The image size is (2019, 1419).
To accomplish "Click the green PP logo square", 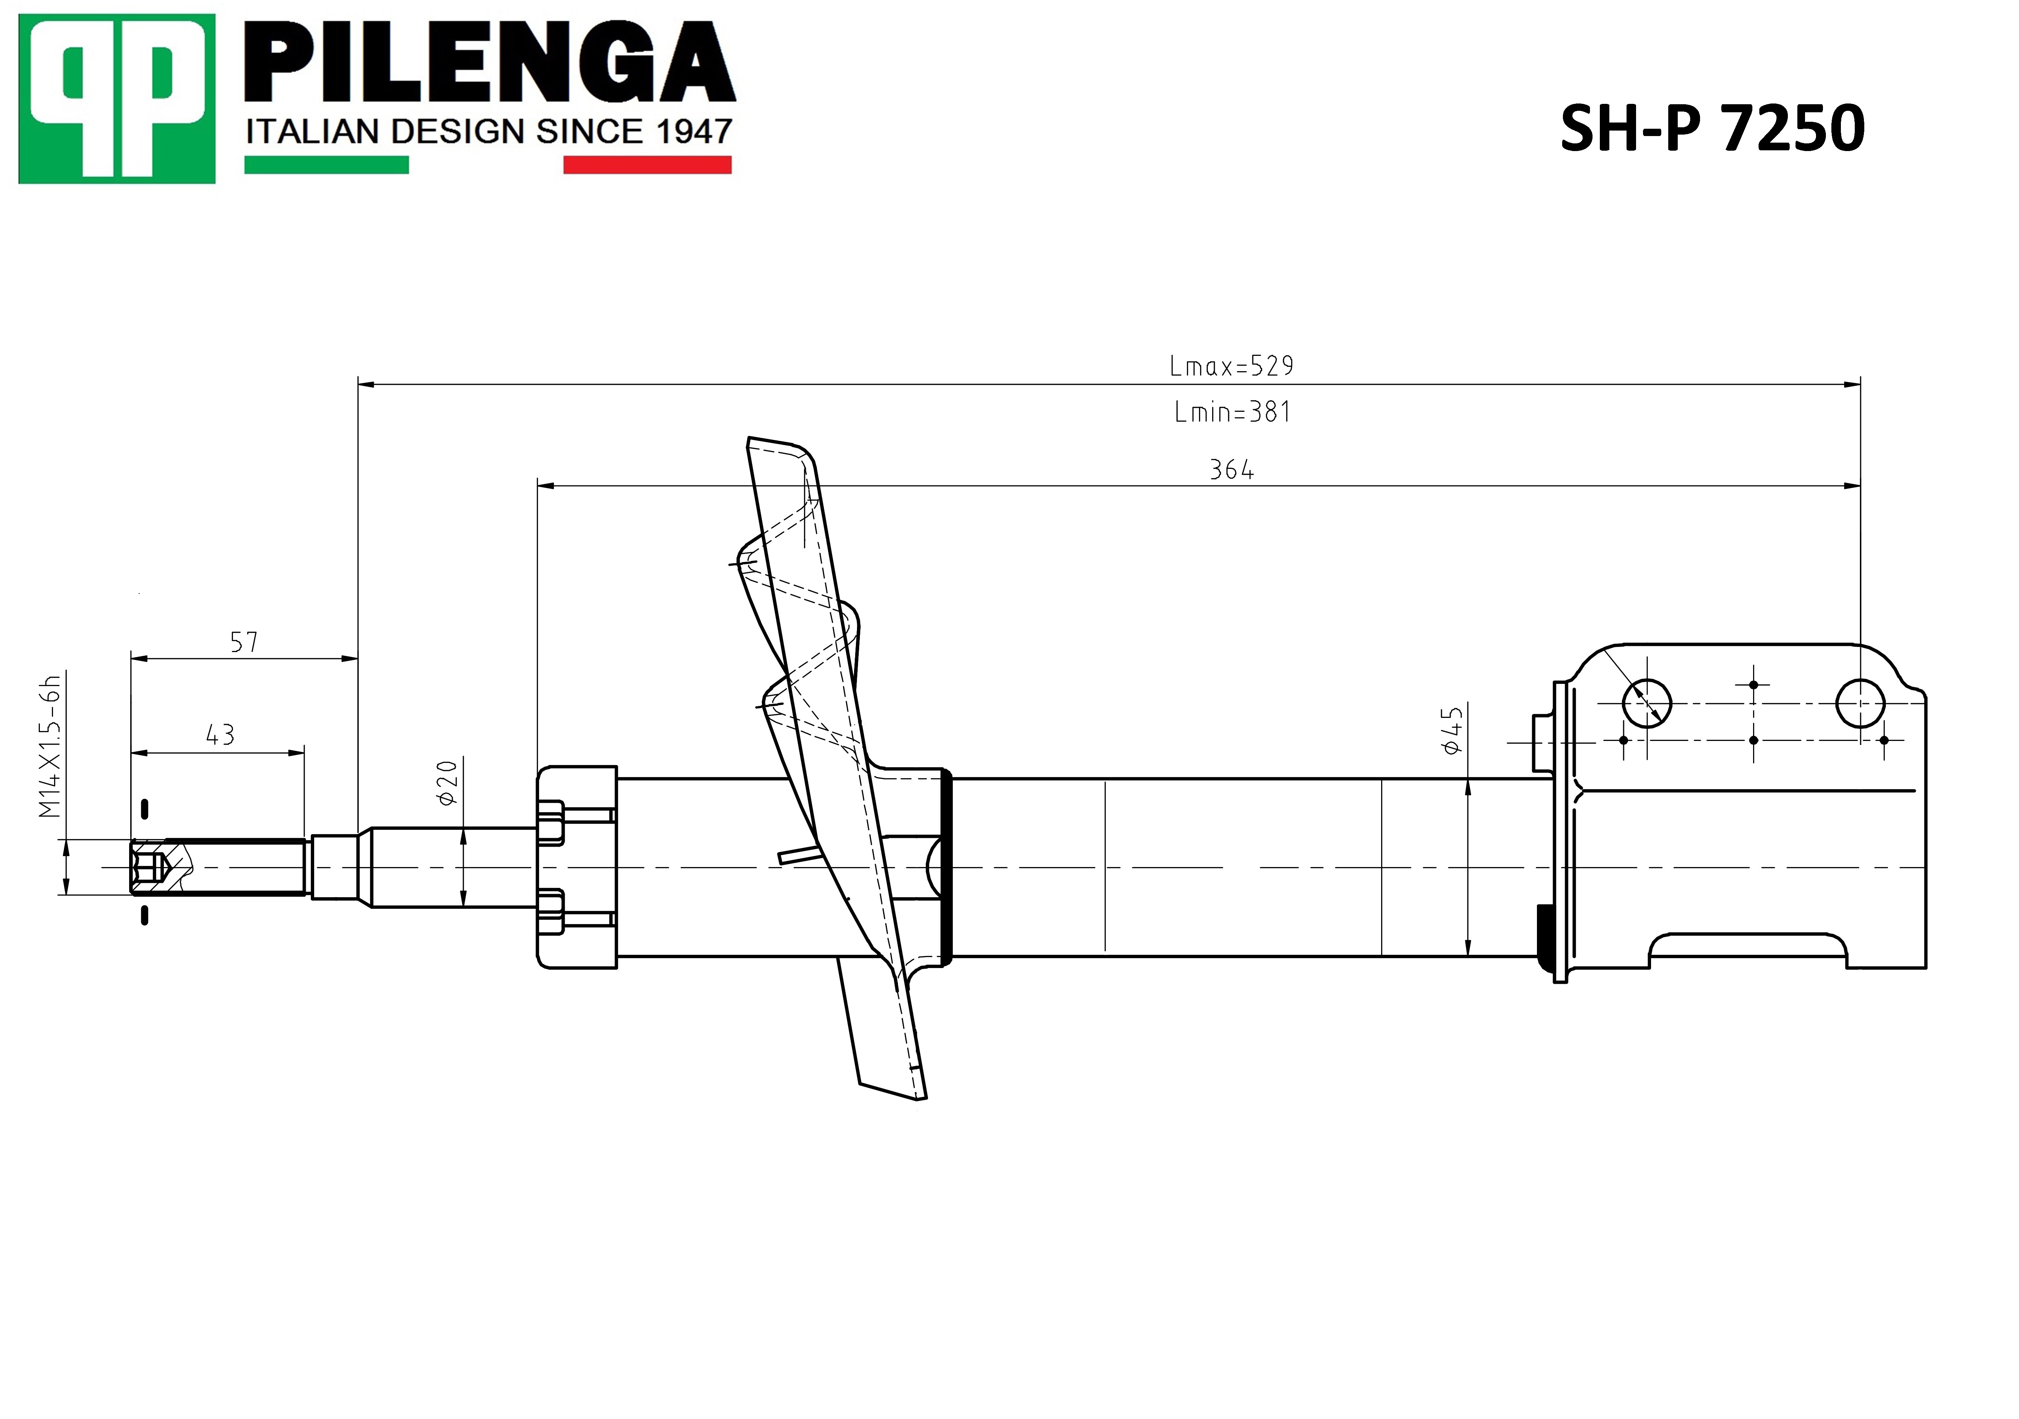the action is click(117, 98).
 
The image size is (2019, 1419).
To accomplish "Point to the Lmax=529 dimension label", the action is click(1231, 366).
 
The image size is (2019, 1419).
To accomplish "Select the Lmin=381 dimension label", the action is click(1232, 411).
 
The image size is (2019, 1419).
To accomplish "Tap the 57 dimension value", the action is click(244, 643).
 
